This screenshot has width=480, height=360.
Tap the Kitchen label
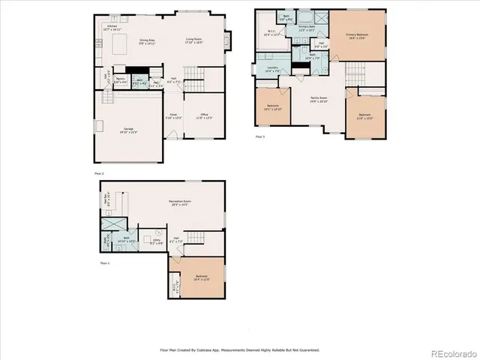click(112, 27)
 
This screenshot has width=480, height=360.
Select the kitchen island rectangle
click(118, 48)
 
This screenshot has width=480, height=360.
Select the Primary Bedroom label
click(360, 35)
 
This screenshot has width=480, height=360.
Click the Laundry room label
click(272, 69)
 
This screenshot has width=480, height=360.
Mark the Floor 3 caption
click(260, 137)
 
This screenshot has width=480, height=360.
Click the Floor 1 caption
click(105, 263)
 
